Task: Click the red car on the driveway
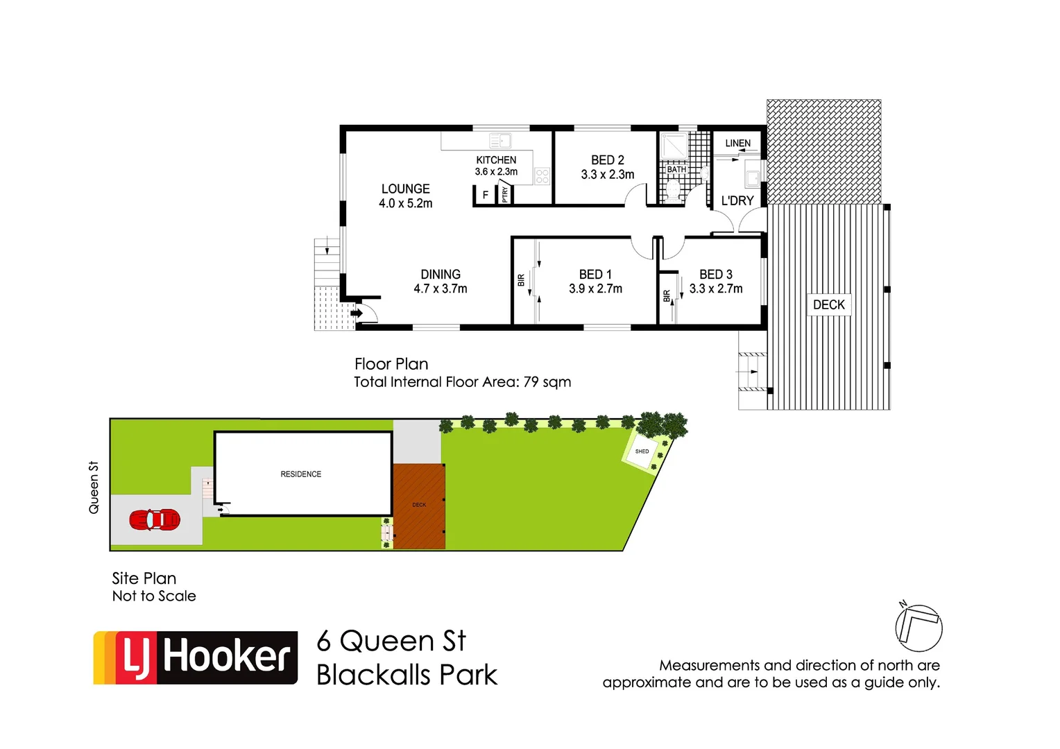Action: click(155, 519)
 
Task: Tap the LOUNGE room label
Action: click(405, 189)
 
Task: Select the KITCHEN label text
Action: click(496, 160)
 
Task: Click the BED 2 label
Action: click(607, 160)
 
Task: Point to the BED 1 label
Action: click(595, 275)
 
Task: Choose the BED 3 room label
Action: click(715, 275)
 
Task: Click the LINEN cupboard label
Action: click(737, 144)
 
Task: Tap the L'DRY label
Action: click(737, 201)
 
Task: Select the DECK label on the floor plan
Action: click(828, 305)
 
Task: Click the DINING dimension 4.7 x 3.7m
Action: click(441, 289)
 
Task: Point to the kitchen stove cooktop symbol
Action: click(542, 176)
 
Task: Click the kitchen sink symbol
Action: click(500, 141)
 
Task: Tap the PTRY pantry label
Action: click(504, 195)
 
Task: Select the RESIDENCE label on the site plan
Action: click(300, 474)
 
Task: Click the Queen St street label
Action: click(94, 488)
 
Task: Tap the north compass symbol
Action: click(918, 628)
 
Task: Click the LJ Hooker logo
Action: click(196, 657)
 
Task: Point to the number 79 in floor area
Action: click(531, 382)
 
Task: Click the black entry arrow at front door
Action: click(357, 313)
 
